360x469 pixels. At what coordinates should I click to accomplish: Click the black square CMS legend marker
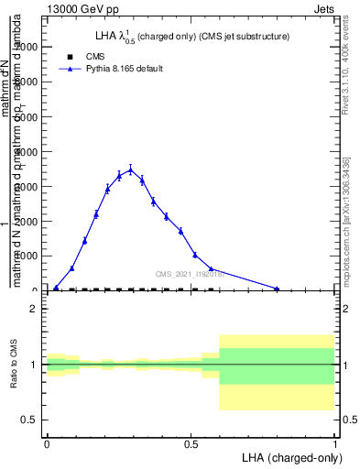[70, 57]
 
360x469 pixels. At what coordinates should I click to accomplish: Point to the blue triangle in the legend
[70, 69]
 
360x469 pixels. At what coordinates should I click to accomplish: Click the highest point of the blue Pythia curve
[130, 169]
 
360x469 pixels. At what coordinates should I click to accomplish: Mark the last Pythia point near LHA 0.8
[277, 289]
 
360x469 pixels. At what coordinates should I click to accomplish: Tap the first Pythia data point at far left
[56, 288]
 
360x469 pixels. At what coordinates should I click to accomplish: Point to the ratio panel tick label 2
[34, 310]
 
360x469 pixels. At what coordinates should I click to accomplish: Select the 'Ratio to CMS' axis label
[14, 364]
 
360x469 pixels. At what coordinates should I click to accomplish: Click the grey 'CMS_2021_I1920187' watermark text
[188, 273]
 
